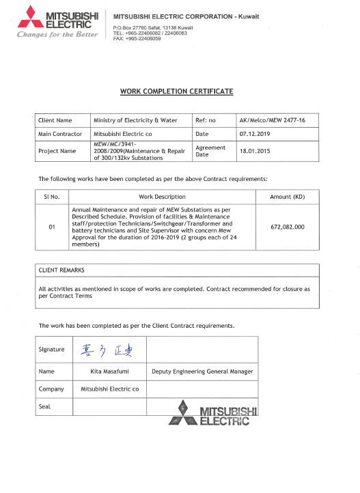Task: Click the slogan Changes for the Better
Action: tap(57, 34)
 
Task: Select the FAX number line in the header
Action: tap(137, 39)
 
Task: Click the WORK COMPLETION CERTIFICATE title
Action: tap(177, 91)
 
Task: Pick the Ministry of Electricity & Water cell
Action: tap(135, 120)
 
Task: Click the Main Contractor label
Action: tap(60, 134)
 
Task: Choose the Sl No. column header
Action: tap(53, 197)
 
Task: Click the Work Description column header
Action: tap(162, 197)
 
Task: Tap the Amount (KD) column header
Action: tap(287, 197)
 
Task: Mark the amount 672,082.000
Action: tap(287, 227)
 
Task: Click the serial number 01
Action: tap(52, 227)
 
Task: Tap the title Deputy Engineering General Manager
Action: tap(202, 372)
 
